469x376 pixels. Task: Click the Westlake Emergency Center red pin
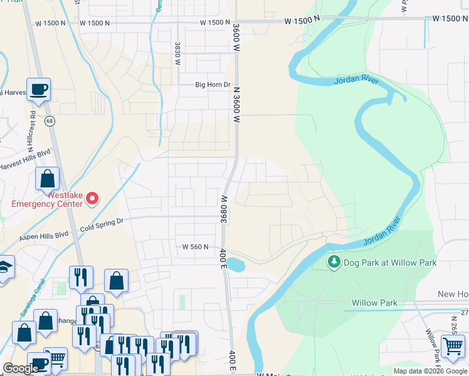point(92,199)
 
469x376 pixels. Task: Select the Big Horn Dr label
point(213,85)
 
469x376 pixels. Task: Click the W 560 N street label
point(195,248)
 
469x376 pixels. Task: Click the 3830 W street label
point(177,55)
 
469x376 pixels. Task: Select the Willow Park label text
point(374,303)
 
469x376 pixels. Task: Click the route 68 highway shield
point(49,120)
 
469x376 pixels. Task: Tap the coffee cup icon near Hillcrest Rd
point(38,88)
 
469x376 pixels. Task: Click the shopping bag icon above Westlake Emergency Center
point(48,179)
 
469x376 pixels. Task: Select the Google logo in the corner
point(21,368)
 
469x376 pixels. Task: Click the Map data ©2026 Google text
point(430,371)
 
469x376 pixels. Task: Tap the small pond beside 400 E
point(234,264)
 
